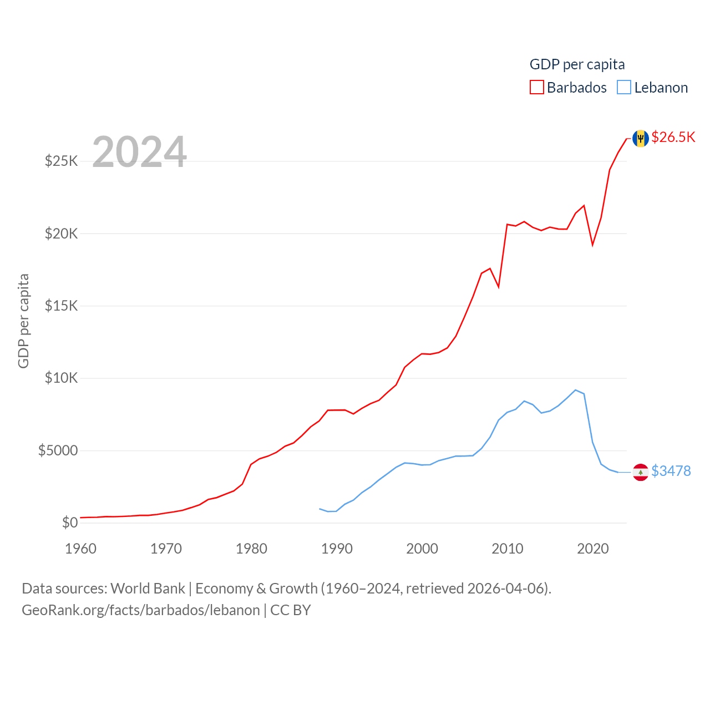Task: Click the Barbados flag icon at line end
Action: [x=641, y=138]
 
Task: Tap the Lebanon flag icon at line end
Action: [x=641, y=472]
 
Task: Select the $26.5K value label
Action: [x=673, y=137]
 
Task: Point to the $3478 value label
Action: [x=671, y=471]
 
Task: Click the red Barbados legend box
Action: [x=536, y=88]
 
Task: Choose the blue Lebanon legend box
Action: [x=624, y=88]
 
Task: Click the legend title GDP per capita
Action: [x=577, y=64]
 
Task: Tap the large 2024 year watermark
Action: [x=139, y=152]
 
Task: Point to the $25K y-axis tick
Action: [x=62, y=161]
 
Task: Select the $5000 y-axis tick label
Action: [x=58, y=450]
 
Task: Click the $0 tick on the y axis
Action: [x=70, y=523]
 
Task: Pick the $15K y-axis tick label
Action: [x=62, y=306]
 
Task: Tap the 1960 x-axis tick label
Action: [x=81, y=549]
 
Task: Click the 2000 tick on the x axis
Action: [x=422, y=549]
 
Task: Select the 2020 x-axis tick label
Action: [x=593, y=549]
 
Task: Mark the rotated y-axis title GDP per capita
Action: [x=23, y=321]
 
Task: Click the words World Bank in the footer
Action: [x=148, y=588]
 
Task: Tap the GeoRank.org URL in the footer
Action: [x=141, y=610]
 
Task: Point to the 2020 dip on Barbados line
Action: [x=592, y=244]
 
